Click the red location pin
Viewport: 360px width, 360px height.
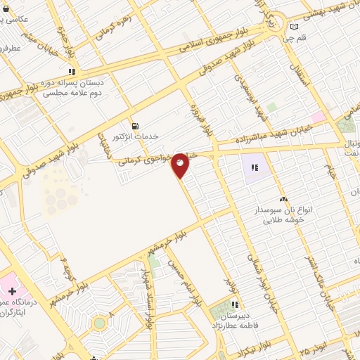[181, 165]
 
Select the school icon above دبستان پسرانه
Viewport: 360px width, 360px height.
[71, 72]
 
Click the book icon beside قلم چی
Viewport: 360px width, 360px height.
[294, 27]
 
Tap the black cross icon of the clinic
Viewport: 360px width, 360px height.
[13, 290]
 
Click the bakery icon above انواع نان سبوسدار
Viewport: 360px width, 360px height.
[283, 200]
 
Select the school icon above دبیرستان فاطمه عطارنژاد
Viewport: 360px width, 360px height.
[236, 305]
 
